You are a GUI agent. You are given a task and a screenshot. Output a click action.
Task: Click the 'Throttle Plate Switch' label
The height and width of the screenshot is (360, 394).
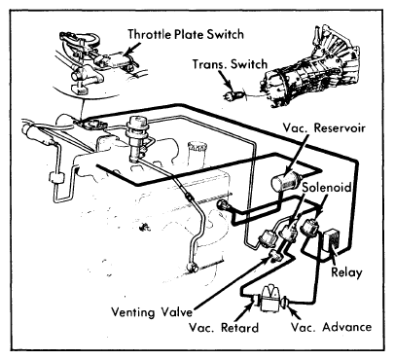click(186, 34)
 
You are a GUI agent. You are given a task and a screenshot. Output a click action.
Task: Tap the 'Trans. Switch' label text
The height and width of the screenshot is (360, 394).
click(230, 64)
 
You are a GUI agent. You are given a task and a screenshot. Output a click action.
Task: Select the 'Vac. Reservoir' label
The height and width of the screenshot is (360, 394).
click(324, 127)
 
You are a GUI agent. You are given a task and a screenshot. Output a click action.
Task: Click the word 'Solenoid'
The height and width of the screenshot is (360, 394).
click(327, 187)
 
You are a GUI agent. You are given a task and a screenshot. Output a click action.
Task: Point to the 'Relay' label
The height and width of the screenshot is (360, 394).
click(346, 272)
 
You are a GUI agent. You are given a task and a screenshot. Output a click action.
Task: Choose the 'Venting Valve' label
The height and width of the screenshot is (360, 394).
click(152, 312)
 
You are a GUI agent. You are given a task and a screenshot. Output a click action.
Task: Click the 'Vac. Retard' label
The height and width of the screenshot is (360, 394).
click(224, 328)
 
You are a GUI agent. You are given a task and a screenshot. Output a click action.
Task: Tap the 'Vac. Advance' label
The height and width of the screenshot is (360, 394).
click(331, 327)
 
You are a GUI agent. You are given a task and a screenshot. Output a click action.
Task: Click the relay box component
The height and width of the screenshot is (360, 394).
click(332, 240)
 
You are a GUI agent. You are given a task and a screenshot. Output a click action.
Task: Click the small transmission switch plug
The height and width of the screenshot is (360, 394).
click(233, 95)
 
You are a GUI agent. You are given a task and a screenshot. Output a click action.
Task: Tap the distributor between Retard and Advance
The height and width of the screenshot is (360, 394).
click(269, 299)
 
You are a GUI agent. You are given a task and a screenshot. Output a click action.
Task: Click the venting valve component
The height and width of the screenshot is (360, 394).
click(275, 256)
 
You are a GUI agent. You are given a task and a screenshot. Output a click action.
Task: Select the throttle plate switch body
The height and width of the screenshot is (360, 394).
click(110, 59)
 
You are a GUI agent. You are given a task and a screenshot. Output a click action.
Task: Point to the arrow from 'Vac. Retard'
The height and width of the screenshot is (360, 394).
click(243, 310)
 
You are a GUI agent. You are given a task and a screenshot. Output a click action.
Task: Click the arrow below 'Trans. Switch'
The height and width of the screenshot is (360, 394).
click(225, 80)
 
